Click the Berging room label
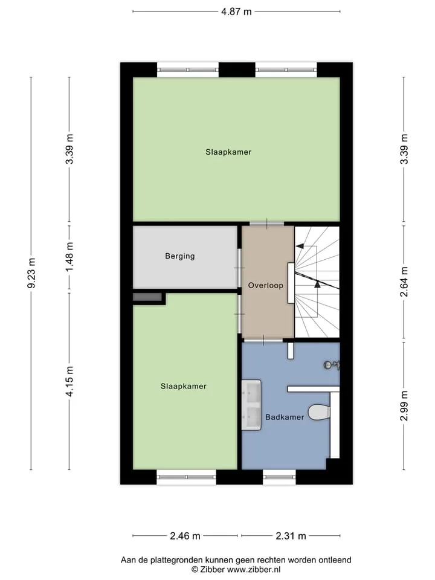pos(180,256)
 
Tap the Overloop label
pos(266,285)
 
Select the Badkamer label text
pos(285,417)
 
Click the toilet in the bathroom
pos(319,413)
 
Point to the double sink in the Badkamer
pos(251,405)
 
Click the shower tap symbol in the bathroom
pos(332,365)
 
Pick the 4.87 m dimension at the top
pos(236,11)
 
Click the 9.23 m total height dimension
pos(32,273)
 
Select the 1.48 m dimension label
pos(69,257)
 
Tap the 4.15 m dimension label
pos(69,381)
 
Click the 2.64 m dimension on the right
pos(404,282)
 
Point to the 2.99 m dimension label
pos(404,406)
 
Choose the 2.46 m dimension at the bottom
pos(185,536)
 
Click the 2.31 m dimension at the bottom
pos(291,536)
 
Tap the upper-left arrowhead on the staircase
pos(299,246)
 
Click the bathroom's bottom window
pos(279,477)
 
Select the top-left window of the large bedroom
pos(187,69)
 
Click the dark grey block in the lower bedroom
pos(147,297)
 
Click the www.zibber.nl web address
pos(254,570)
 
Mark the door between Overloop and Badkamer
pos(263,340)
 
